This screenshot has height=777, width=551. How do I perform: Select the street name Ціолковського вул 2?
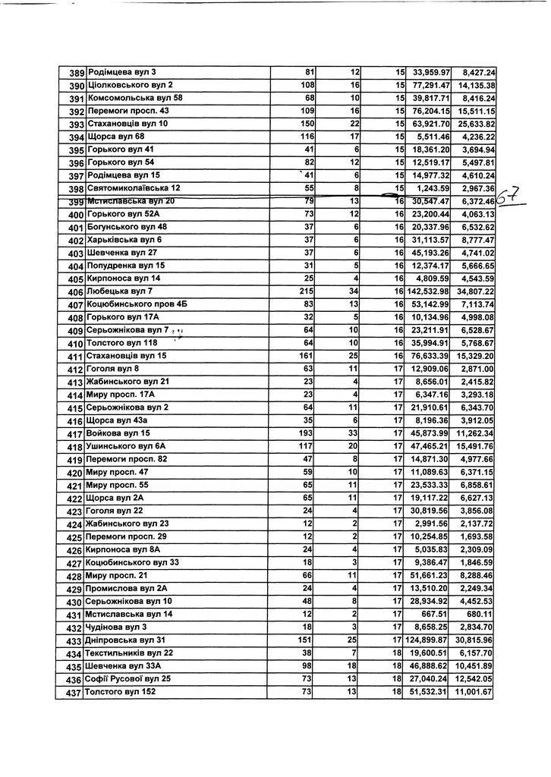[131, 85]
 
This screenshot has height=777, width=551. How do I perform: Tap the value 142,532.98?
[429, 291]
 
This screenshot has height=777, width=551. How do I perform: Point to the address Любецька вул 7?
[121, 291]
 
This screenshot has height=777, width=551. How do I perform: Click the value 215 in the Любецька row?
[307, 291]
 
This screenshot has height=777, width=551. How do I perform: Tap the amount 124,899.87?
[429, 640]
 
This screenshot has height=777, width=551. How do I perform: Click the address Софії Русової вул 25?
[128, 679]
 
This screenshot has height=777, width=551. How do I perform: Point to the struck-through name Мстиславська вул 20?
[131, 201]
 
